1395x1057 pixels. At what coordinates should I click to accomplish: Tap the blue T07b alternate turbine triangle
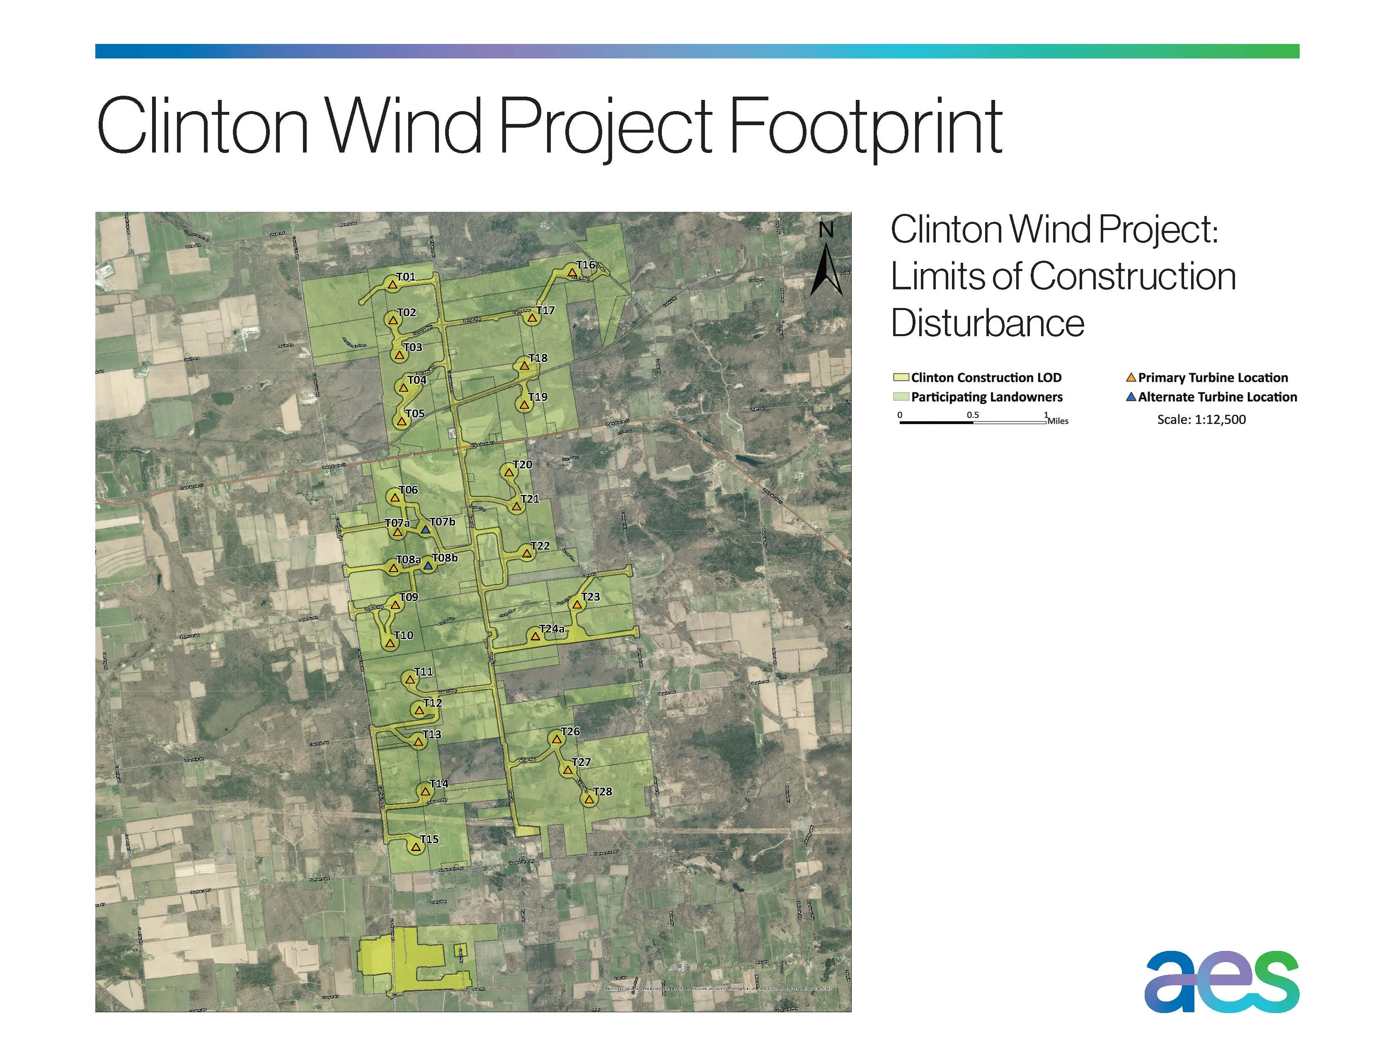[x=426, y=531]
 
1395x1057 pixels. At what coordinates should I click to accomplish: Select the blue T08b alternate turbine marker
[x=428, y=566]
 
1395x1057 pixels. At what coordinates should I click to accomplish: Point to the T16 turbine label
[x=586, y=265]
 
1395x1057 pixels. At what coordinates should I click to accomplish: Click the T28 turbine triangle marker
[x=589, y=800]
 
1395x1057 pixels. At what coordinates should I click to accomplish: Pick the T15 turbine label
[x=429, y=839]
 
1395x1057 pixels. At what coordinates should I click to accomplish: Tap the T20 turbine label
[x=523, y=465]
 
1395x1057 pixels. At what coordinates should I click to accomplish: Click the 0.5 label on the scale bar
[x=972, y=415]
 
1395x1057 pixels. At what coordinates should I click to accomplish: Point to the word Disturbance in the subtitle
[x=988, y=324]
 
